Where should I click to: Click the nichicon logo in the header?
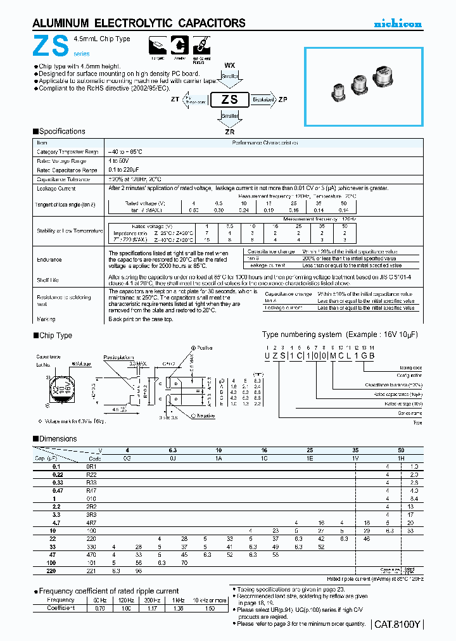point(397,23)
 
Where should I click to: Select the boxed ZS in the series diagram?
point(229,100)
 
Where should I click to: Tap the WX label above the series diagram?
point(229,65)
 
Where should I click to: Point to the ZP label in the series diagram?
point(283,100)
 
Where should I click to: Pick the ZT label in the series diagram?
point(174,100)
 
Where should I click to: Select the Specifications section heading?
point(61,132)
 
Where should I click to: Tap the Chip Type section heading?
point(55,336)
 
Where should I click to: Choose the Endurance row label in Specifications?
point(49,259)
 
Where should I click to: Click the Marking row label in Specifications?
point(46,319)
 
